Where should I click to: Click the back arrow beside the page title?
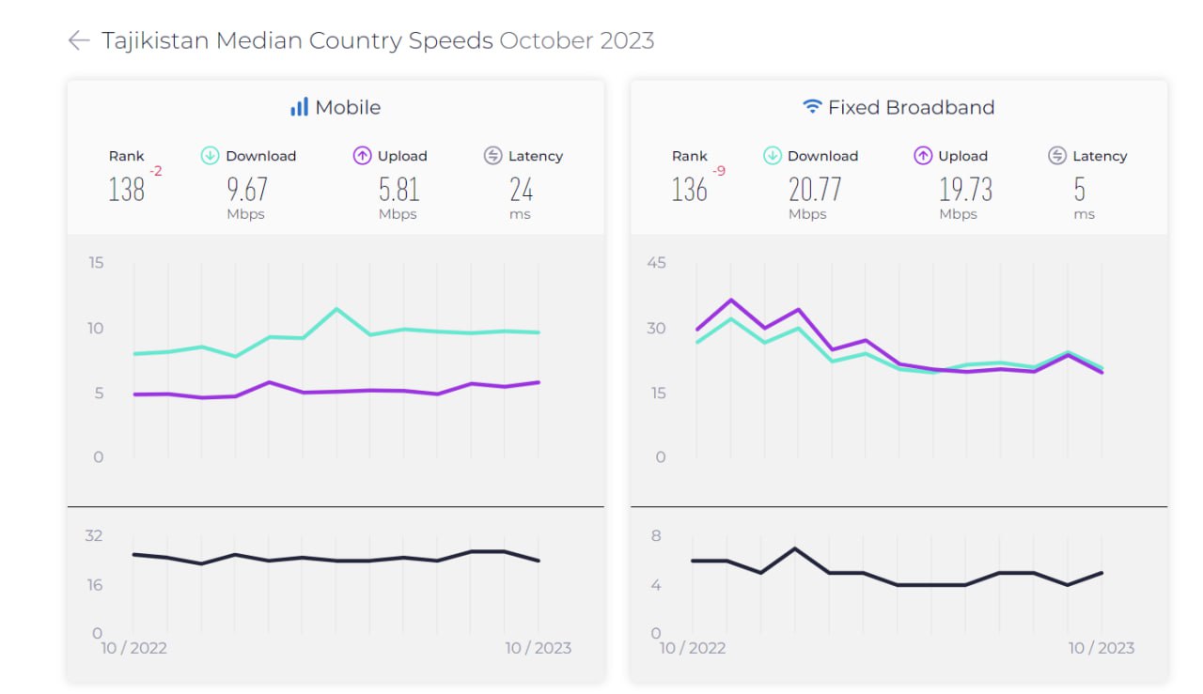(x=79, y=39)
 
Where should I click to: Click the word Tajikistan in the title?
(x=154, y=40)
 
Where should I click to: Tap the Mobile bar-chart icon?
(x=299, y=107)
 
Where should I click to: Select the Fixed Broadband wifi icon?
(x=812, y=107)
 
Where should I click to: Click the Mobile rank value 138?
(x=126, y=190)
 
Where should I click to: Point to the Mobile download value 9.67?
(x=246, y=190)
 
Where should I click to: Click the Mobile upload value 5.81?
(x=398, y=190)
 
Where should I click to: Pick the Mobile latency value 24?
(x=521, y=190)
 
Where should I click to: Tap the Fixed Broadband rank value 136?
(x=689, y=190)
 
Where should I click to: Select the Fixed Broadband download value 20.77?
(x=814, y=190)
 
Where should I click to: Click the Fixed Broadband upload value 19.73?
(x=965, y=190)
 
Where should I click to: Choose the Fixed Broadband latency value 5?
(x=1079, y=190)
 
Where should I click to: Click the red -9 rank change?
(x=719, y=171)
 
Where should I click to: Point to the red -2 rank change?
(x=156, y=171)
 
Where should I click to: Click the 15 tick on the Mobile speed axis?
(x=96, y=262)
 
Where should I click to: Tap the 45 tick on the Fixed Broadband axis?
(x=656, y=262)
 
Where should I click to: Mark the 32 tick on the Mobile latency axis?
(x=94, y=535)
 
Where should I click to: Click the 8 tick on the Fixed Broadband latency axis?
(x=656, y=535)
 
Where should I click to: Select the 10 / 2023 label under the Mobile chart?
(x=538, y=648)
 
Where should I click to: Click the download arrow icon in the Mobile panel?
(x=211, y=156)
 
